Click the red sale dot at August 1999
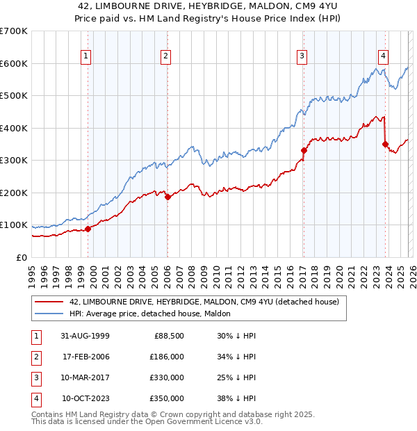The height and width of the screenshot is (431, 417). point(88,229)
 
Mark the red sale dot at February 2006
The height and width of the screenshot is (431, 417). point(167,197)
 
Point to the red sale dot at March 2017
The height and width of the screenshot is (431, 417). point(304,150)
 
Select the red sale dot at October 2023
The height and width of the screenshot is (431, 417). point(385,144)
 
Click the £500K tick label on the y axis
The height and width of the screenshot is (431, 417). point(13,95)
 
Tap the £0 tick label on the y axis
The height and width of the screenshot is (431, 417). point(21,257)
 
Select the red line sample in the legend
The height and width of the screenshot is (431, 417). point(49,302)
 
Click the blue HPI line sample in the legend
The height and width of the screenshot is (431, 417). point(49,314)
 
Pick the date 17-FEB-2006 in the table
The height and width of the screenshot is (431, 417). point(85,357)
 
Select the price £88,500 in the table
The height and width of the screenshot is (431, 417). point(169,336)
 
